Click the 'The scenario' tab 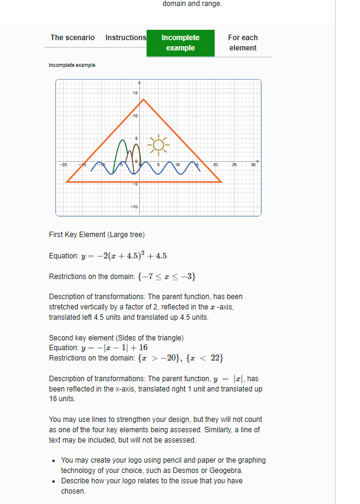[72, 38]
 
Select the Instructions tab [125, 38]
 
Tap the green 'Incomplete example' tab [181, 43]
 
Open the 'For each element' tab [243, 43]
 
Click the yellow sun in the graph [159, 145]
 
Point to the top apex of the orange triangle [143, 99]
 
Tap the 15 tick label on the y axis [135, 92]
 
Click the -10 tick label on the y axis [134, 207]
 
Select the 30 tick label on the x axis [254, 165]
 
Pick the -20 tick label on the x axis [63, 165]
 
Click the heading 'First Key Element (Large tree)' [97, 235]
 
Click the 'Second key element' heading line [116, 337]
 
